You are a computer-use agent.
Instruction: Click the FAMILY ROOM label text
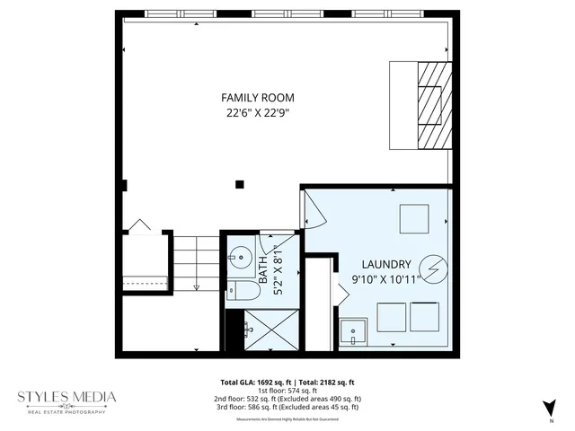tap(258, 97)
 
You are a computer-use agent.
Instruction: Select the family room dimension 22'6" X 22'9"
tap(258, 113)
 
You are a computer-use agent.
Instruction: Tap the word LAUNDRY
tap(386, 264)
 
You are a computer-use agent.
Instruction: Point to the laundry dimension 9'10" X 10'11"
tap(386, 279)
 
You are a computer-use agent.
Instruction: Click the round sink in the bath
tap(239, 256)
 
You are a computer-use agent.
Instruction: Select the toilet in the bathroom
tap(235, 289)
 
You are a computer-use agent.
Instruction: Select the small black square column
tap(239, 185)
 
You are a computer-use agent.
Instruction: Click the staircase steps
tap(195, 262)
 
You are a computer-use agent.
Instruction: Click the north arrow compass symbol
tap(549, 409)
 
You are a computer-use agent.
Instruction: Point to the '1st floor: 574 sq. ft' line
tap(288, 391)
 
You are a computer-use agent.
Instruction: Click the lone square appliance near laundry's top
tap(414, 218)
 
